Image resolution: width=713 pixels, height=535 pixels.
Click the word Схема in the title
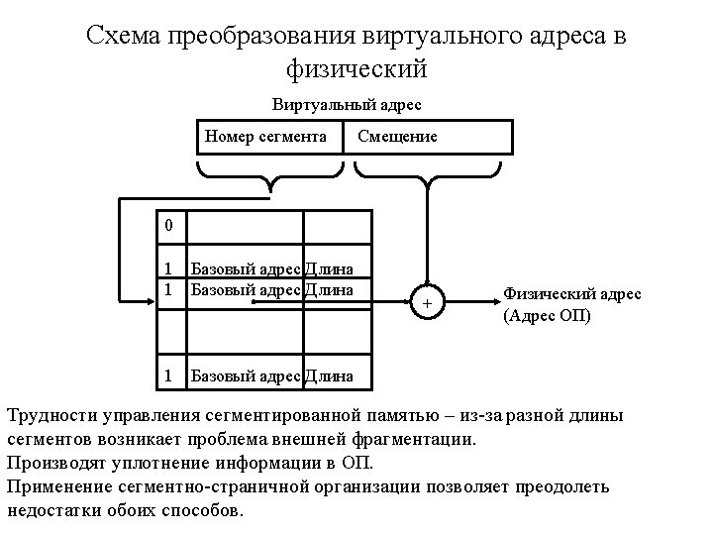126,38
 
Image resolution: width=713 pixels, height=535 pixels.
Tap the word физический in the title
356,69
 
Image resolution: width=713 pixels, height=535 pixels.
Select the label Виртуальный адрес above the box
353,103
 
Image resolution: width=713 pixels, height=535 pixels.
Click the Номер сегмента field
265,136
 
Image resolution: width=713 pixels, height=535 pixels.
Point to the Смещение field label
397,137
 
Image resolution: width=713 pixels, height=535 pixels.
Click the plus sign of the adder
428,302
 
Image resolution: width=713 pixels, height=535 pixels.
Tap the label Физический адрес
571,294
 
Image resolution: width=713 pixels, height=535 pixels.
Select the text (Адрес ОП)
547,316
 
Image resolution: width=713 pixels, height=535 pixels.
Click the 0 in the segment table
168,225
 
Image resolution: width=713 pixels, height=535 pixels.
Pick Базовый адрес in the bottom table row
245,375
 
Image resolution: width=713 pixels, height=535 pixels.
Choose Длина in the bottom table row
328,375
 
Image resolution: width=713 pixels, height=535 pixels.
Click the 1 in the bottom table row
168,375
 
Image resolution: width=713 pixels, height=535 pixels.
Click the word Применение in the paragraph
58,486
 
